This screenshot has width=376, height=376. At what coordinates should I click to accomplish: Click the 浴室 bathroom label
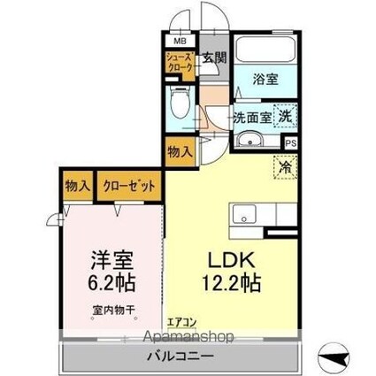point(266,78)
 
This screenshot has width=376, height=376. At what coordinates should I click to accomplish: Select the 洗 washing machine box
point(285,115)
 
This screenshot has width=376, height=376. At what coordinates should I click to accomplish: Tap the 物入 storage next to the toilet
point(180,151)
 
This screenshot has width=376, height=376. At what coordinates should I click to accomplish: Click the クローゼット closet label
point(131,187)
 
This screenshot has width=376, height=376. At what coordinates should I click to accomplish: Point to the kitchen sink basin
point(243,213)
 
